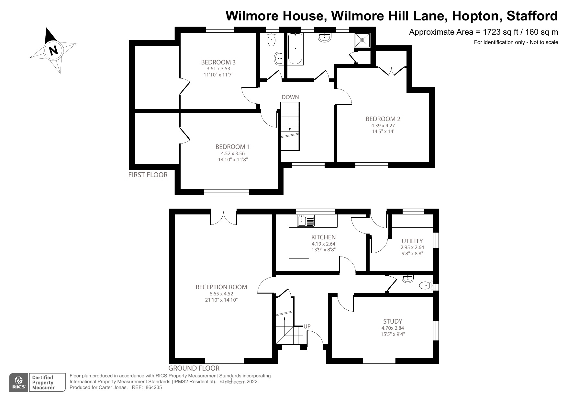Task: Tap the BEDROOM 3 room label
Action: [x=218, y=62]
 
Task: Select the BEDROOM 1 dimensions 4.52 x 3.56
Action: [x=233, y=154]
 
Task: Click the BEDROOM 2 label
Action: [x=383, y=119]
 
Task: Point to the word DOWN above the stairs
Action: [x=290, y=97]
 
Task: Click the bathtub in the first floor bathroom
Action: [x=295, y=49]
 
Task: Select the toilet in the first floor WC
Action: [x=271, y=40]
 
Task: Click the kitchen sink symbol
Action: [x=306, y=221]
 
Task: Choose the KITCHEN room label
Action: [x=323, y=237]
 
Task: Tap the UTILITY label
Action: [x=412, y=241]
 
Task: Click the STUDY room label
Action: [x=393, y=321]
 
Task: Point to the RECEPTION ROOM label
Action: [x=221, y=287]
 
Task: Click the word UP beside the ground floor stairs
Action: [x=307, y=327]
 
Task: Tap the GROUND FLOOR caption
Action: [x=194, y=368]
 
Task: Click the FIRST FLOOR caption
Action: [x=148, y=175]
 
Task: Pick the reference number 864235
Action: [x=154, y=387]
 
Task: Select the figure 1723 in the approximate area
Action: [x=491, y=32]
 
